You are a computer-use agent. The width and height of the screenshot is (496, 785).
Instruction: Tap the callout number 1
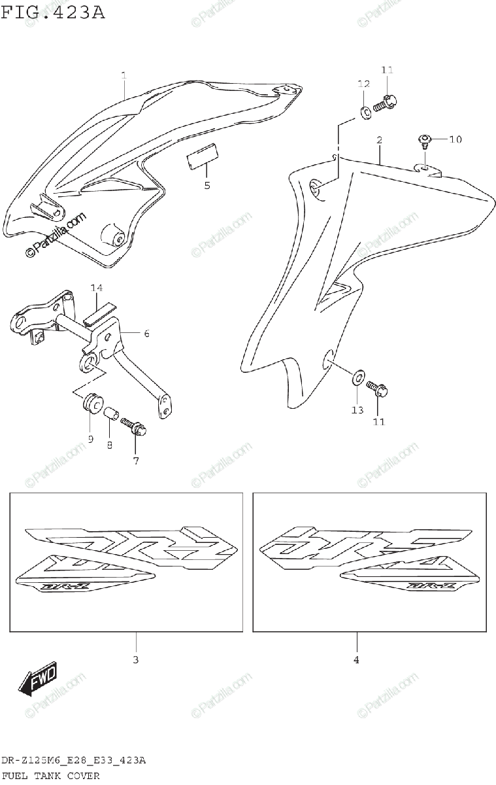click(124, 77)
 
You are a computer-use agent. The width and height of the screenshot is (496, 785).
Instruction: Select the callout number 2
click(379, 141)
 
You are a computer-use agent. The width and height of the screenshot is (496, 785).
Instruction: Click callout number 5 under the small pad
click(207, 185)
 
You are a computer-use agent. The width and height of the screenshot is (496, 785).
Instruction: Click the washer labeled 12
click(367, 111)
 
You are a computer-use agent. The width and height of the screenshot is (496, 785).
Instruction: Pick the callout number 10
click(455, 139)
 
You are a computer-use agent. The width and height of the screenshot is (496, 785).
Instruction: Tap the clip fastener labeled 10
click(423, 139)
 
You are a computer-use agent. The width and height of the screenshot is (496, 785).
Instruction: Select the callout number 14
click(97, 288)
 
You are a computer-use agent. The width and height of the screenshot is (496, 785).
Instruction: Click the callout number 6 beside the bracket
click(147, 334)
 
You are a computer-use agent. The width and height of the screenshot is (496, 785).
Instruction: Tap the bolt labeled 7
click(135, 427)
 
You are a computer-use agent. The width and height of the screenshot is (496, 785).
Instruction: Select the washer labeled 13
click(358, 377)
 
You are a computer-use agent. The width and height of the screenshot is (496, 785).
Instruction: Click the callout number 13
click(357, 410)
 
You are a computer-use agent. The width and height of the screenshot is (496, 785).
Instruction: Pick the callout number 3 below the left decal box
click(135, 660)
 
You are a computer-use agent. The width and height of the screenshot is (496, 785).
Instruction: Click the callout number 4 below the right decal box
click(356, 660)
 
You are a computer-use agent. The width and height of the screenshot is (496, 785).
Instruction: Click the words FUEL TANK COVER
click(50, 776)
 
